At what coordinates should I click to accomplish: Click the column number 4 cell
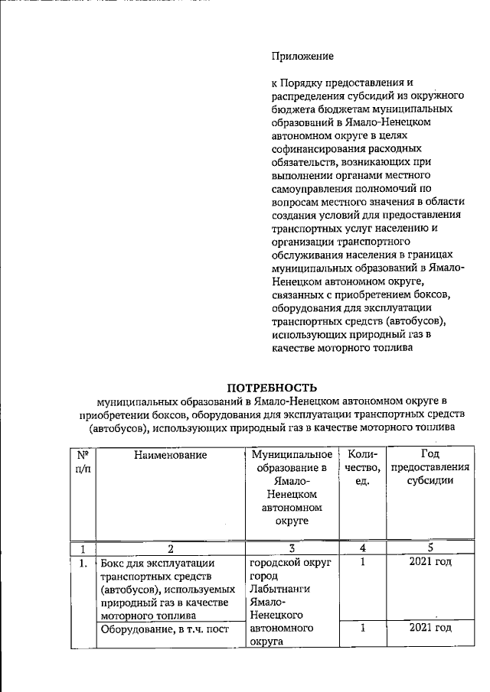(362, 548)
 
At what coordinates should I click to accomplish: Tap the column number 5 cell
(429, 548)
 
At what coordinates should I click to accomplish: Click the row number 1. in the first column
(81, 564)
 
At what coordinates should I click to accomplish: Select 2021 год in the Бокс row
(430, 562)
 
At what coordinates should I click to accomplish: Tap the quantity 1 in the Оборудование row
(362, 628)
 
